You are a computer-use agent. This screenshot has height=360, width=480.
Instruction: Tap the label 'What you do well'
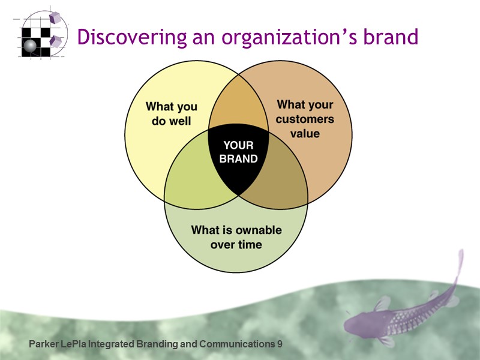pyautogui.click(x=172, y=113)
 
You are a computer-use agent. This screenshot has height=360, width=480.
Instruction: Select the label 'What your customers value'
pyautogui.click(x=305, y=119)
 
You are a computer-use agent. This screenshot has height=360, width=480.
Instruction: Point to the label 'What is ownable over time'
pyautogui.click(x=236, y=237)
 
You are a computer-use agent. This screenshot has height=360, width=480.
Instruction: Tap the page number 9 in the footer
pyautogui.click(x=279, y=344)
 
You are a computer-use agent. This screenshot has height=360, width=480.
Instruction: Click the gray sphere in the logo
pyautogui.click(x=29, y=44)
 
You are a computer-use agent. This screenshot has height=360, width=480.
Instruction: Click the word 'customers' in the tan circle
pyautogui.click(x=305, y=119)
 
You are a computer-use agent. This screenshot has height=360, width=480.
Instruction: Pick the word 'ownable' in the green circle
pyautogui.click(x=256, y=230)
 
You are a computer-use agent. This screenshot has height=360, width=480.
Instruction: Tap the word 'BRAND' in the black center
pyautogui.click(x=238, y=159)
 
